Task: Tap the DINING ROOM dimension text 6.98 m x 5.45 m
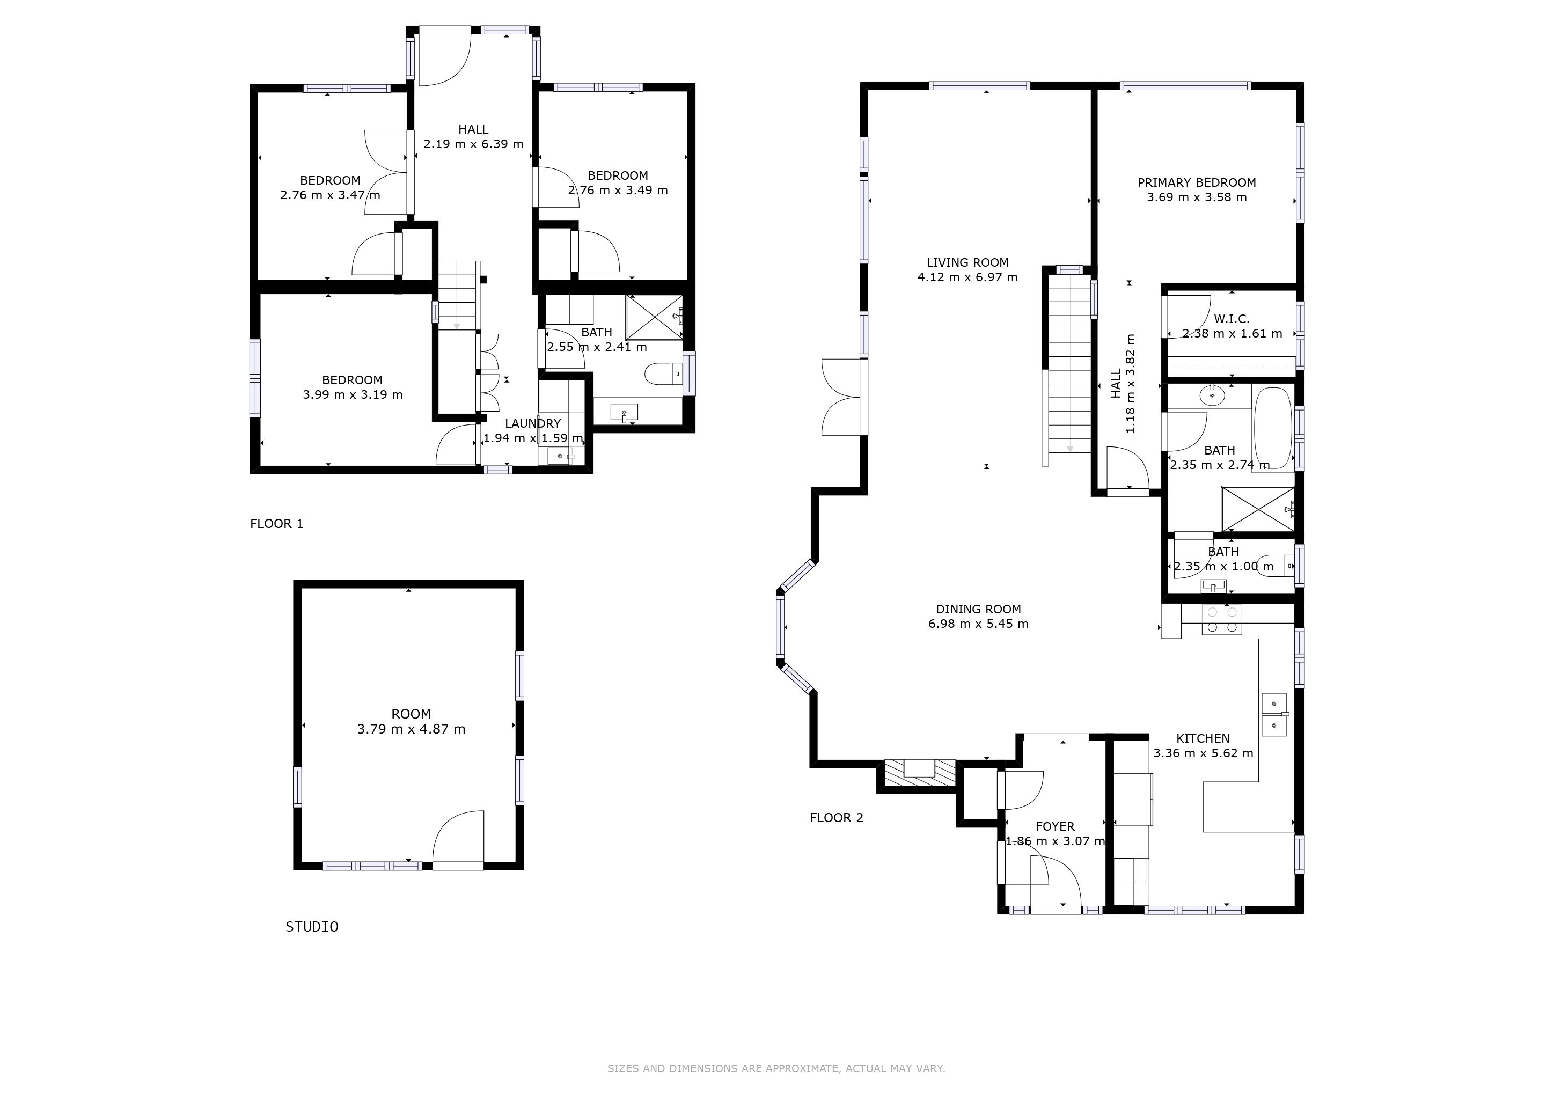point(978,624)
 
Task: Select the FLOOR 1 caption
point(277,524)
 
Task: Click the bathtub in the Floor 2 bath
point(1273,430)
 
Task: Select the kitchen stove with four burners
point(1222,620)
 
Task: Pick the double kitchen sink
point(1274,715)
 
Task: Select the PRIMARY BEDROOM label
point(1197,182)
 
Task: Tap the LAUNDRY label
point(533,423)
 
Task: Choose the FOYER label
point(1055,827)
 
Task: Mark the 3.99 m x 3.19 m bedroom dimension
point(353,394)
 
